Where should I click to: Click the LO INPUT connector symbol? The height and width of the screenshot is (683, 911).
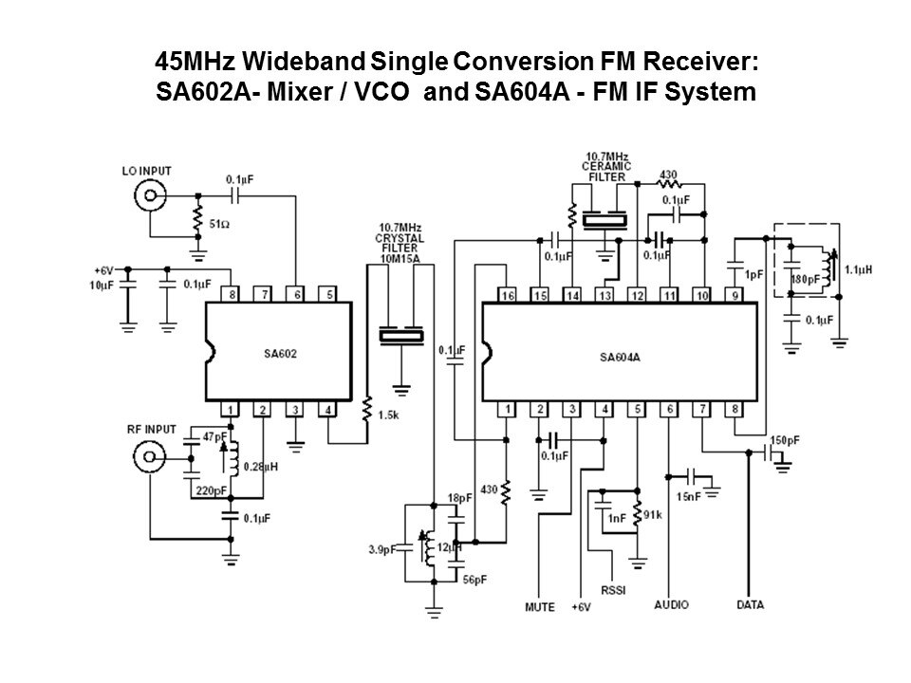click(148, 196)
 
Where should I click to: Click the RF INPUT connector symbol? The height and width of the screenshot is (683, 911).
click(148, 457)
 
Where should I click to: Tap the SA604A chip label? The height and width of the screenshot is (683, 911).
click(620, 358)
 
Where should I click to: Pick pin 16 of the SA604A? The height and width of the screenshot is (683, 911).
click(507, 296)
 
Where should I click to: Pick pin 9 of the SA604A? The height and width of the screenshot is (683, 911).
click(734, 296)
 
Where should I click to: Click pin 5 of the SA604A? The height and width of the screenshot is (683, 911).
click(638, 410)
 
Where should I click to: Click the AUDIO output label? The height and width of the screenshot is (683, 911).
click(670, 604)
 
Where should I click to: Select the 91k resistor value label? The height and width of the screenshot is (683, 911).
click(652, 516)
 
